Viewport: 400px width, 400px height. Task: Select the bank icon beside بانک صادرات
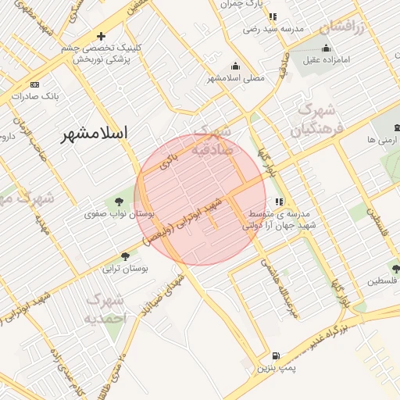tap(34, 84)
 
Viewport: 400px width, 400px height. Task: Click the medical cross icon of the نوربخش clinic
tap(101, 36)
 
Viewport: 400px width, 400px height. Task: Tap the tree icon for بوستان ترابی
tap(125, 255)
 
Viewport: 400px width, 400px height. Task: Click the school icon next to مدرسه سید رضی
tap(271, 16)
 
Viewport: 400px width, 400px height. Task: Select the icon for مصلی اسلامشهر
tap(235, 66)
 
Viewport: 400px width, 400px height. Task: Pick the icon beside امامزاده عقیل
tap(324, 47)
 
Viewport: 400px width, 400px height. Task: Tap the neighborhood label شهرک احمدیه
tap(105, 309)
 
